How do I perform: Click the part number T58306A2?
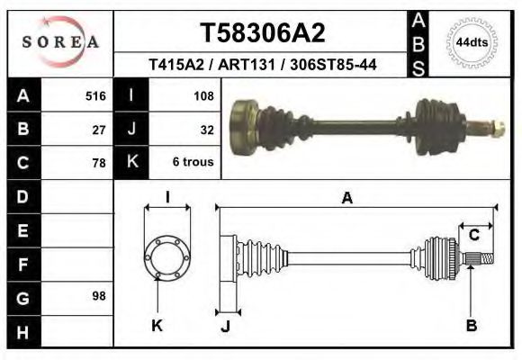262,33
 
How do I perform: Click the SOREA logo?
60,42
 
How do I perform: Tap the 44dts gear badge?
472,42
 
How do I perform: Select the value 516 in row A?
95,94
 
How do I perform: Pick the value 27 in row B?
99,129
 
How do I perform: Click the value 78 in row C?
99,163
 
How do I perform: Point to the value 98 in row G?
99,296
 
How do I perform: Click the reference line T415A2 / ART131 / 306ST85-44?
262,65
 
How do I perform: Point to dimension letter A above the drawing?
346,199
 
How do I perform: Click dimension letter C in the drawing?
473,236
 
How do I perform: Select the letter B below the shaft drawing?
471,325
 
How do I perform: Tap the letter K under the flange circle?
157,325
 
